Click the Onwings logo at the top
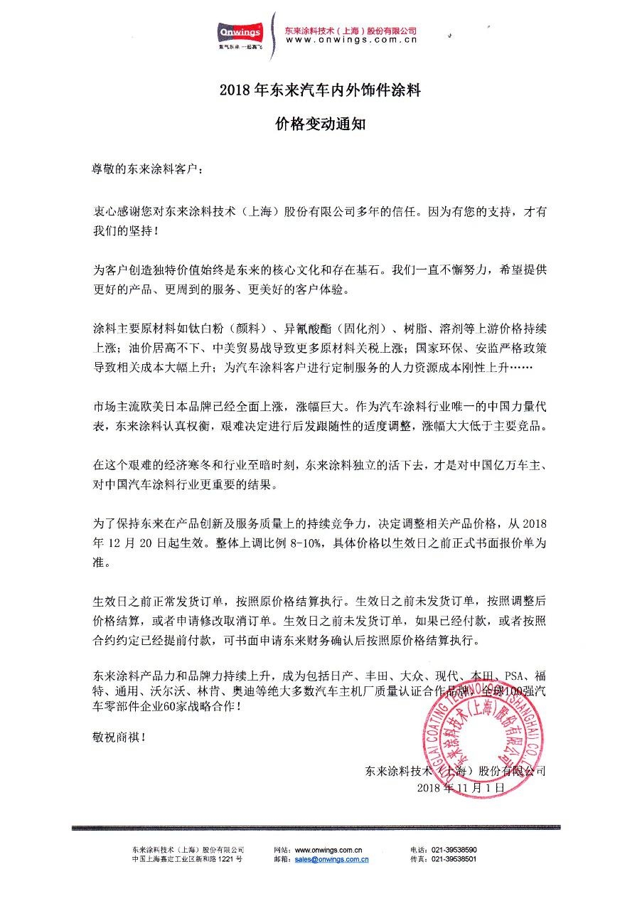coord(241,33)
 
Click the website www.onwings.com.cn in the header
coord(351,41)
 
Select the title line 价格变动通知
coord(321,122)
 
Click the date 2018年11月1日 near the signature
coord(461,789)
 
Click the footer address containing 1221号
coord(188,859)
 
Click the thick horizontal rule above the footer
coord(320,828)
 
